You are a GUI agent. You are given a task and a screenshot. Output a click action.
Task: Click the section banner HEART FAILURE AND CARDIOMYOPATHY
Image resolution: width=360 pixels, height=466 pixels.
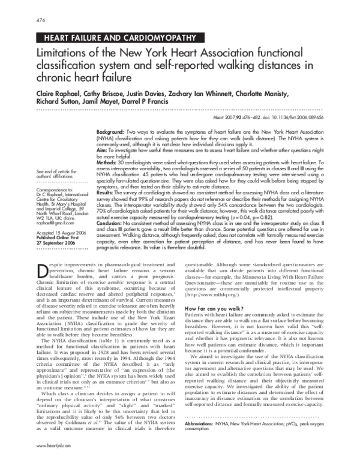pyautogui.click(x=116, y=38)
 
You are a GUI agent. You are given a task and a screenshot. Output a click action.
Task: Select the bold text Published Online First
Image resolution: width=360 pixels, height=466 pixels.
pyautogui.click(x=59, y=236)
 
